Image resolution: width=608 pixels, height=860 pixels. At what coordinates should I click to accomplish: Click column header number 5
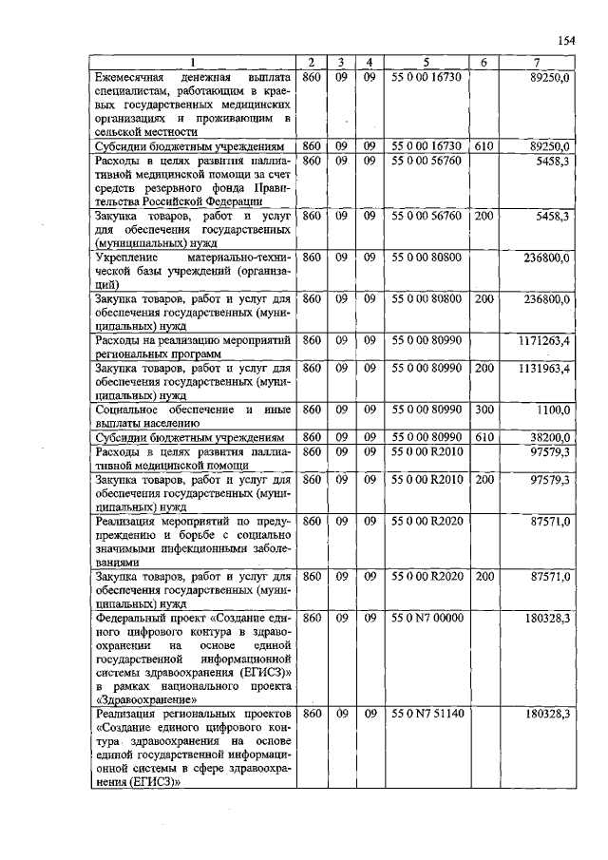427,63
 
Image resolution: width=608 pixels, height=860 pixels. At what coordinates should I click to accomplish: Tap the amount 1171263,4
543,338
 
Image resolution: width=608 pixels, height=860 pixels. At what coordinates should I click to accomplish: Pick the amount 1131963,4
543,366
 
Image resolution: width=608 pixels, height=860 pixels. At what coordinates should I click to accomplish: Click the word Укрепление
130,257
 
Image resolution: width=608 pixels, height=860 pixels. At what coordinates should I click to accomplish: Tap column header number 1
195,63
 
